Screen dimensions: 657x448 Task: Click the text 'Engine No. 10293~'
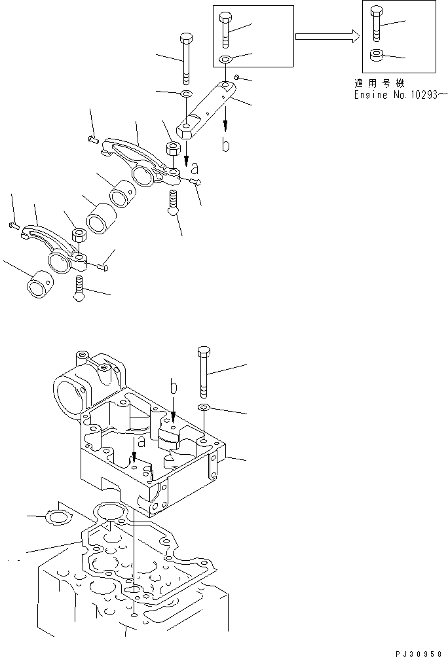pos(399,95)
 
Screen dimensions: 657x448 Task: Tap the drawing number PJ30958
pos(420,652)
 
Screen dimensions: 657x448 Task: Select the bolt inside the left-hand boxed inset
pos(225,29)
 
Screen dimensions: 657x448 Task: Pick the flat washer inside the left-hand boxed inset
pos(225,60)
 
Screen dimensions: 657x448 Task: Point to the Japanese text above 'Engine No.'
pos(378,83)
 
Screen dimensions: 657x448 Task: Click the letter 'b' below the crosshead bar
pos(225,146)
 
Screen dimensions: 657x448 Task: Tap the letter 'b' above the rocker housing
pos(173,389)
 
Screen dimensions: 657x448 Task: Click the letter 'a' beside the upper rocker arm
pos(193,169)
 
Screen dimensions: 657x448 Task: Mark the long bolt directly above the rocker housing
pos(203,371)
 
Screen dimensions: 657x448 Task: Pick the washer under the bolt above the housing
pos(203,408)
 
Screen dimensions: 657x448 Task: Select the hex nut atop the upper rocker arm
pos(174,148)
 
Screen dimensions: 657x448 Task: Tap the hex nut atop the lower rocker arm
pos(78,235)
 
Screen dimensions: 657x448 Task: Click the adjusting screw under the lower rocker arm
pos(79,288)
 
